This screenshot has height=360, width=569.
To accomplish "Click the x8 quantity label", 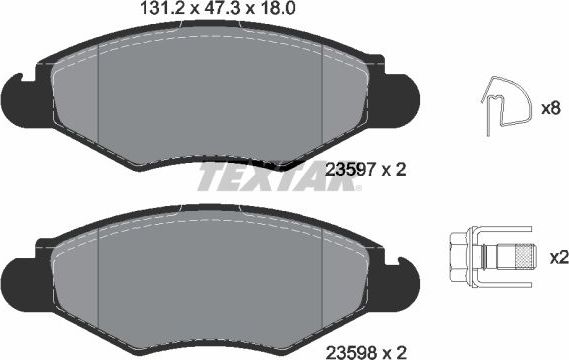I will point(549,105).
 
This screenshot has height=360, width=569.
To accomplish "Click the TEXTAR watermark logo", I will point(263,177).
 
